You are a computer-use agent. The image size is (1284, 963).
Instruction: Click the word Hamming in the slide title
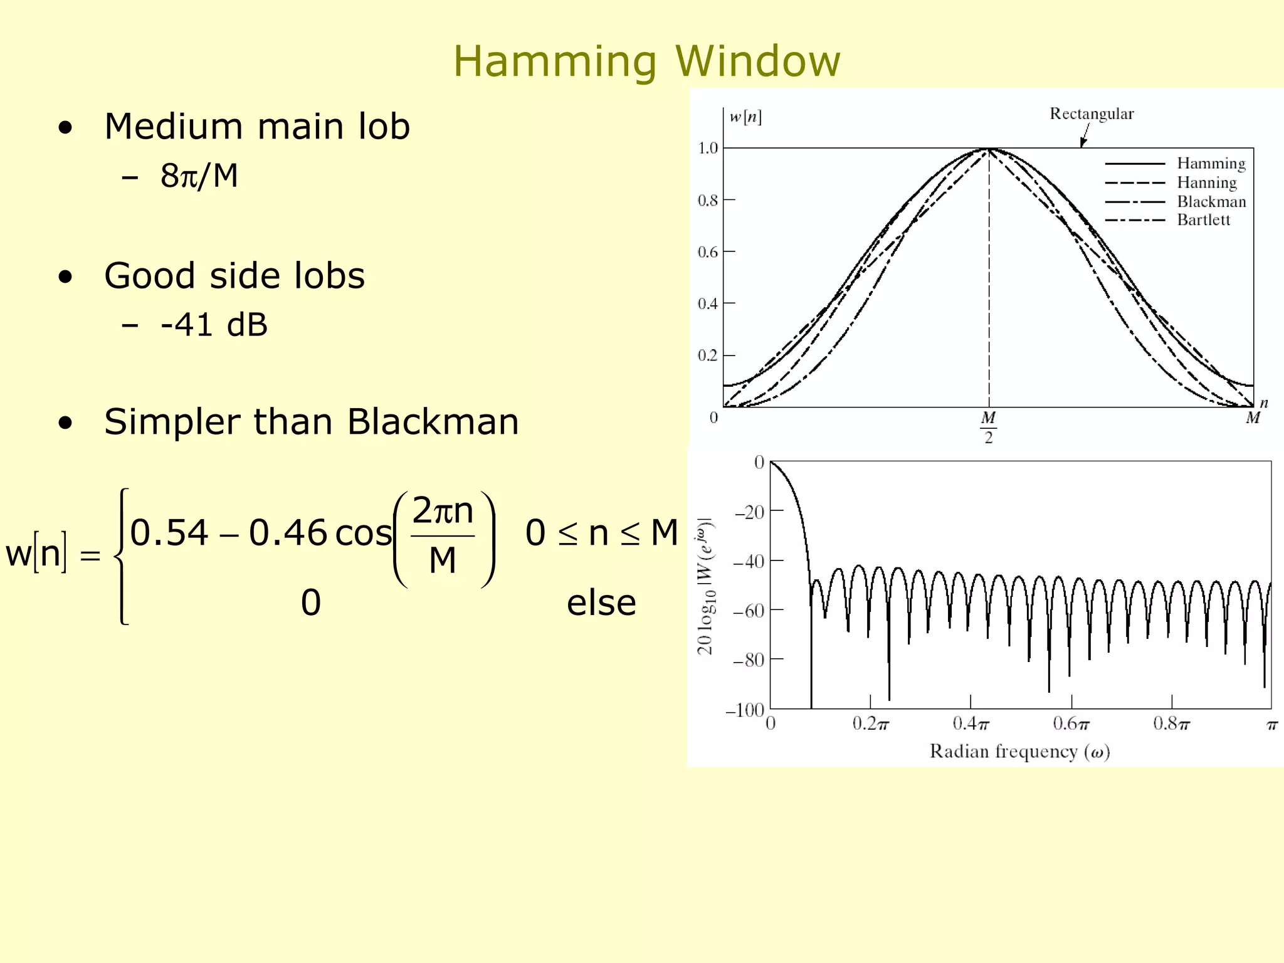(555, 61)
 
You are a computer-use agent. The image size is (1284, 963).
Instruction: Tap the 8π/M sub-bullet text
(199, 176)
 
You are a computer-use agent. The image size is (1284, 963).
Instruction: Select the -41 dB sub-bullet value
(214, 325)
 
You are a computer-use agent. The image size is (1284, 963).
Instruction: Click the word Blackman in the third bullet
(433, 422)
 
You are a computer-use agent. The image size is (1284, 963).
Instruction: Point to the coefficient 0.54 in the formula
(169, 533)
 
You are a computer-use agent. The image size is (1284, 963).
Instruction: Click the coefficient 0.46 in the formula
(288, 533)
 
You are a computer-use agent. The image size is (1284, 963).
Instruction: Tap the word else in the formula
(601, 603)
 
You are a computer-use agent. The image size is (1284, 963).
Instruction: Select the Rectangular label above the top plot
(1092, 114)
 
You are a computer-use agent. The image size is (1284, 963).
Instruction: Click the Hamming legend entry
(1211, 164)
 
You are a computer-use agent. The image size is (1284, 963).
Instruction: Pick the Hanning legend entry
(1206, 182)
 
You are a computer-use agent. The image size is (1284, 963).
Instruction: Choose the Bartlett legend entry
(1203, 220)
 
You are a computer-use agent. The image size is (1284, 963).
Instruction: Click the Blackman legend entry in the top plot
(1211, 202)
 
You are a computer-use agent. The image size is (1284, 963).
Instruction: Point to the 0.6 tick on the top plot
(708, 252)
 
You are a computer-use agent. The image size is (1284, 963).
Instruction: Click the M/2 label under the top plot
(989, 427)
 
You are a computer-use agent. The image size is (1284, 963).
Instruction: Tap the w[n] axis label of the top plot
(745, 117)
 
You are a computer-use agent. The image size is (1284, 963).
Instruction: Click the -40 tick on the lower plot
(749, 561)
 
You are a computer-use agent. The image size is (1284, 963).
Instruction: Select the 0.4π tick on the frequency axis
(971, 725)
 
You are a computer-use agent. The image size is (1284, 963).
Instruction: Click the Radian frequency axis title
(1019, 751)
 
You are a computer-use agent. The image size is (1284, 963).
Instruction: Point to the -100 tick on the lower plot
(745, 710)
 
